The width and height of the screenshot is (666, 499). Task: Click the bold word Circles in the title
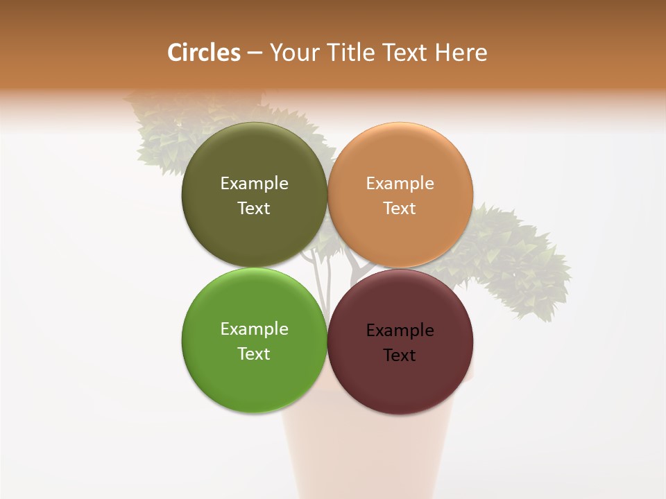[203, 53]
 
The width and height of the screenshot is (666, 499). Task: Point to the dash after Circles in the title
[254, 53]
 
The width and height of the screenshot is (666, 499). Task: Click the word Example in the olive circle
[254, 183]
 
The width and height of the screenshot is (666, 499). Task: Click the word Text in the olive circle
[254, 208]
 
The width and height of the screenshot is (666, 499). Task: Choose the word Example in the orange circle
[400, 183]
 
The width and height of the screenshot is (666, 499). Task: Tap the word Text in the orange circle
[400, 208]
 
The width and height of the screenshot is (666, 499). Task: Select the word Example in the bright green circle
[254, 329]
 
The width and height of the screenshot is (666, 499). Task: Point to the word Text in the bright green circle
[254, 353]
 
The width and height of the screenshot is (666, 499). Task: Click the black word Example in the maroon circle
[400, 330]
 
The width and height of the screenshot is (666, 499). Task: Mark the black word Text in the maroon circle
[400, 355]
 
